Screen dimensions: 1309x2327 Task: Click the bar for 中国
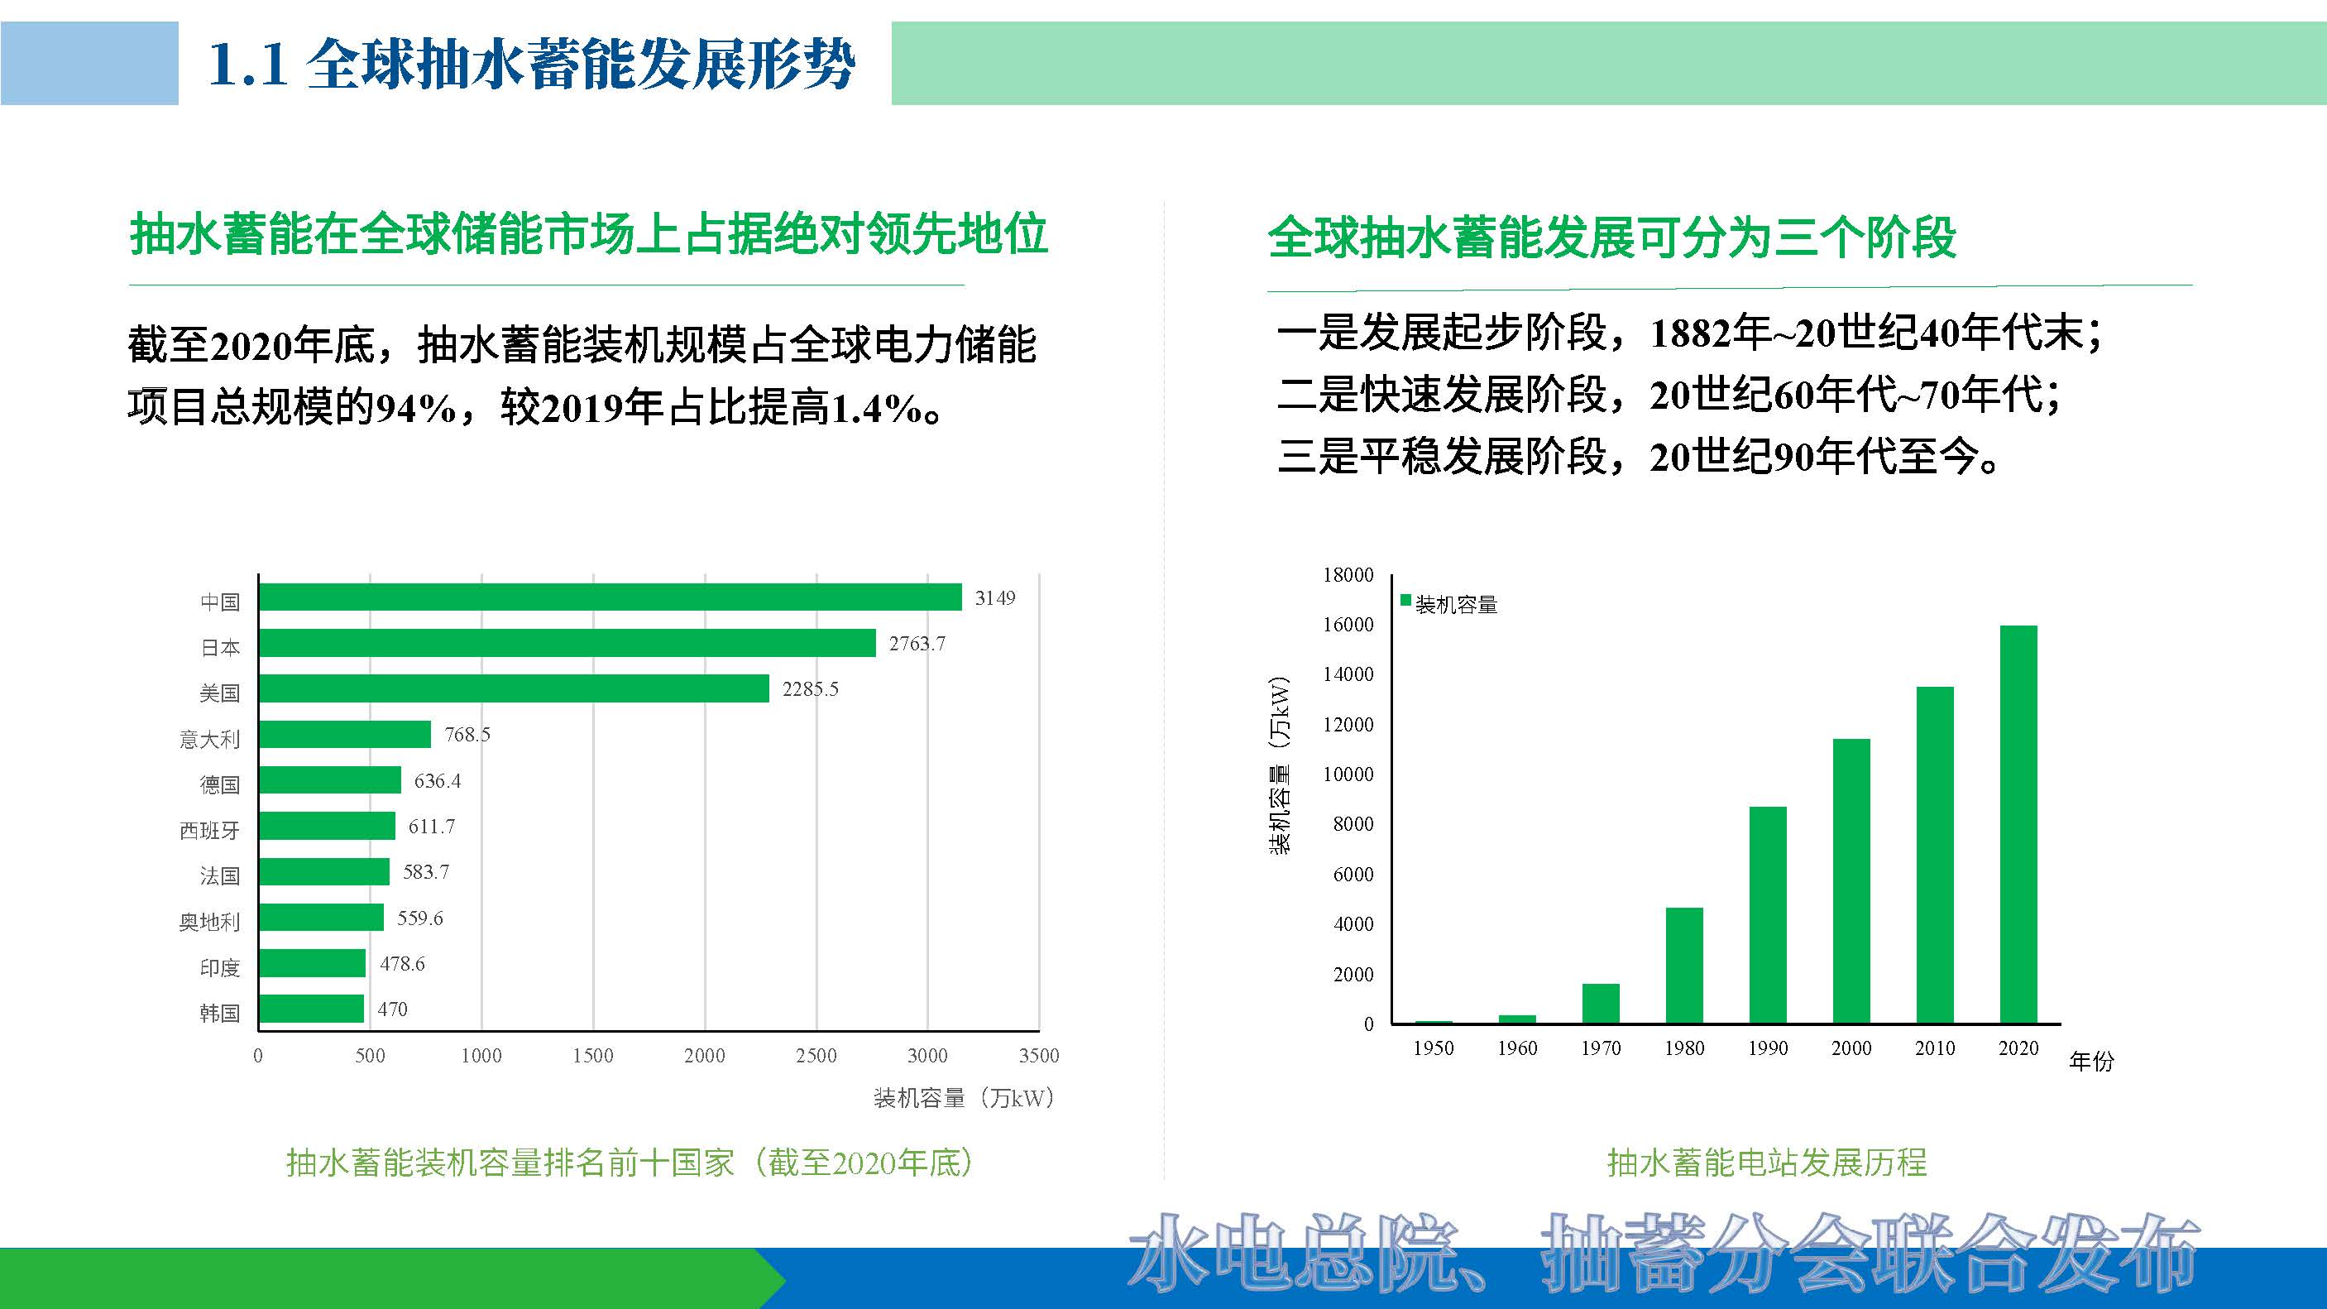pos(610,597)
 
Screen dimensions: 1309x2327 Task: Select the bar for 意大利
pos(344,735)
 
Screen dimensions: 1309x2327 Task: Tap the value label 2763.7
pos(917,643)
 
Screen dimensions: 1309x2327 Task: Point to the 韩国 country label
pos(219,1013)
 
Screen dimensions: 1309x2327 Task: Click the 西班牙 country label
pos(209,830)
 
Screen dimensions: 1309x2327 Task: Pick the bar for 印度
pos(312,963)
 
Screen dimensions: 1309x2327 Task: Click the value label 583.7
pos(425,872)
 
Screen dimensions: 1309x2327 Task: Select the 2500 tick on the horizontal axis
pos(816,1055)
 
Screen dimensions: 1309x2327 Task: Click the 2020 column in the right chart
pos(2018,824)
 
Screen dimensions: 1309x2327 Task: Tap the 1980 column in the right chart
pos(1683,965)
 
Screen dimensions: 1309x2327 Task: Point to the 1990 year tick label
pos(1768,1048)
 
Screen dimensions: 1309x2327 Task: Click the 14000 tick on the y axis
pos(1348,674)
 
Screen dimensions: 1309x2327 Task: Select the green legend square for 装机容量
pos(1405,601)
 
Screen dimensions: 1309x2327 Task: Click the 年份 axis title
pos(2091,1061)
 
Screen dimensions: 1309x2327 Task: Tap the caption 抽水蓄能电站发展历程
pos(1767,1163)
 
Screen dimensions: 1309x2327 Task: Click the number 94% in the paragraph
pos(415,408)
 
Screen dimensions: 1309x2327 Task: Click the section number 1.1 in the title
pos(247,65)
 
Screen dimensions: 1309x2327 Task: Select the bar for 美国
pos(513,688)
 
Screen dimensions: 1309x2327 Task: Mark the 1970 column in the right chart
pos(1601,1003)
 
